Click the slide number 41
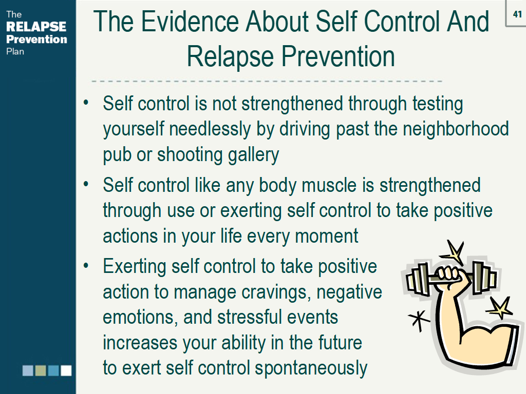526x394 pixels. click(x=517, y=14)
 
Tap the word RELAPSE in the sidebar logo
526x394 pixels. click(x=36, y=27)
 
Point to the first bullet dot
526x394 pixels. click(x=86, y=102)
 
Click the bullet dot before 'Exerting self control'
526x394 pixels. click(x=86, y=266)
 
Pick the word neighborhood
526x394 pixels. click(x=456, y=129)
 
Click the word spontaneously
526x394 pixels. click(x=311, y=368)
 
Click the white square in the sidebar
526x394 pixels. click(x=66, y=370)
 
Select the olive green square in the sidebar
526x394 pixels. click(x=41, y=370)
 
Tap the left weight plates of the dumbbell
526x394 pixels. click(x=418, y=279)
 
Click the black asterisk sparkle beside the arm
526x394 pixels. click(x=419, y=320)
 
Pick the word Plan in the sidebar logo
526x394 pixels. click(x=15, y=52)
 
